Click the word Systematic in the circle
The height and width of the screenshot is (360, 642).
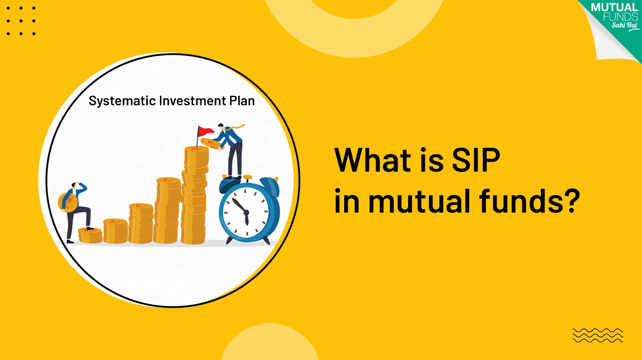coord(122,101)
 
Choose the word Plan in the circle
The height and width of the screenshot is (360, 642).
coord(242,101)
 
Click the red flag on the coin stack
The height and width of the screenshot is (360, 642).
coord(205,131)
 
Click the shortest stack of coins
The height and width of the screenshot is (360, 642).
coord(90,235)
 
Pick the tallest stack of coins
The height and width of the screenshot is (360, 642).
coord(195,197)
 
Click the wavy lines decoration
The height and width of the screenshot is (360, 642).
coord(598,335)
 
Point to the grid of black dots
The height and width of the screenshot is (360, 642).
coord(21,20)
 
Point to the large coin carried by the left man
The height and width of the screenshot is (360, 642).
coord(68,202)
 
